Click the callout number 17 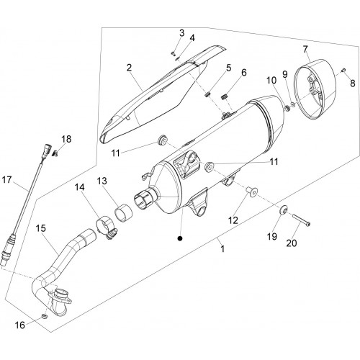(6, 179)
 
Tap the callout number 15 (41, 228)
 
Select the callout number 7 (305, 49)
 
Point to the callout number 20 (292, 243)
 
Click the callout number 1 (223, 249)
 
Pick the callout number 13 (102, 181)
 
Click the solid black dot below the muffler (179, 238)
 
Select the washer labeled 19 (284, 210)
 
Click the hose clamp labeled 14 (107, 228)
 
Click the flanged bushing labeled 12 (252, 192)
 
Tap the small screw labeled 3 (174, 53)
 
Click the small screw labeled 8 (343, 70)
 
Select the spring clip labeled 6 (224, 98)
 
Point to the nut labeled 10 (287, 108)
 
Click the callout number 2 (130, 68)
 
